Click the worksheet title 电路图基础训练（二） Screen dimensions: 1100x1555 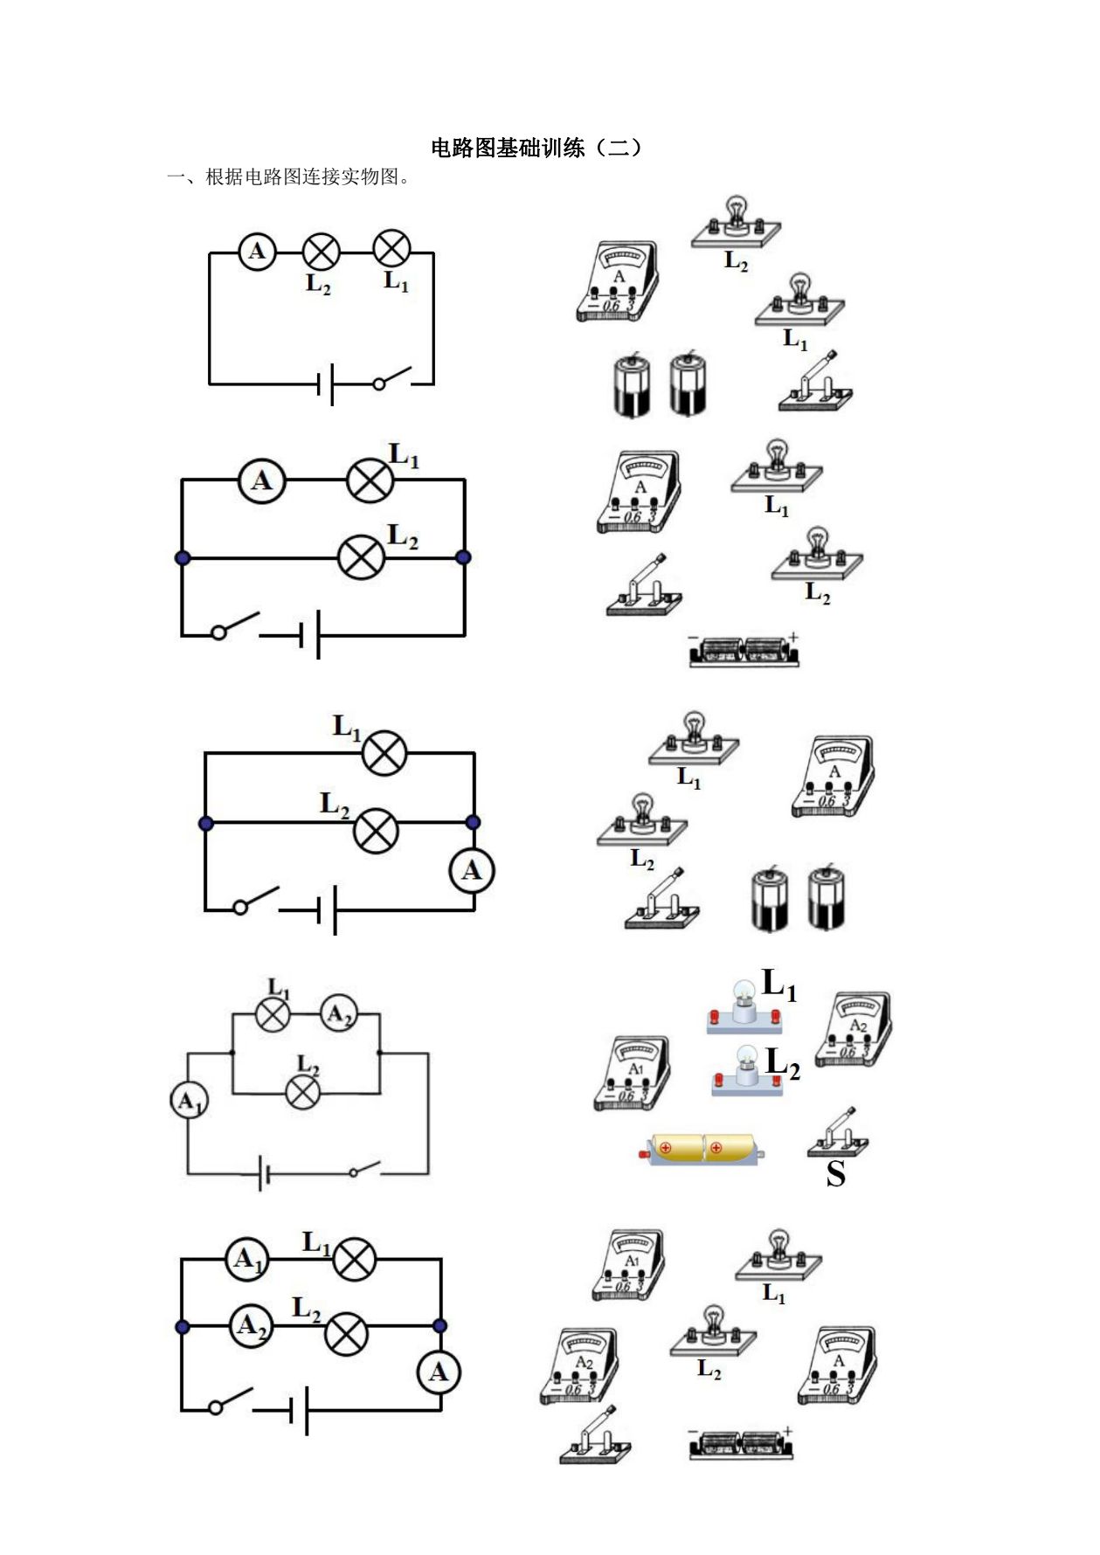click(537, 148)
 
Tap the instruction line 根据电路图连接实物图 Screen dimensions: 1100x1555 click(301, 177)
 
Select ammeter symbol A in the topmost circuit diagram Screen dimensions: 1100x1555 click(257, 252)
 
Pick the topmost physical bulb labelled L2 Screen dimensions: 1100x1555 click(736, 225)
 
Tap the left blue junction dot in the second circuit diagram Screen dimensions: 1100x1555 click(183, 557)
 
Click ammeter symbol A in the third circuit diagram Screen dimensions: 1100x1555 click(472, 870)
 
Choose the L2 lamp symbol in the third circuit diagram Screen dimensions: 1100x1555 click(376, 831)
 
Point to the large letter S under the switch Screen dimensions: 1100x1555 click(836, 1173)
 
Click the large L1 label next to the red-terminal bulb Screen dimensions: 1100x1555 click(779, 985)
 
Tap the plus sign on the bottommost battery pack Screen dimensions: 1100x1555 click(787, 1431)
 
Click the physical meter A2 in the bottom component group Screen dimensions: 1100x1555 click(580, 1365)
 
